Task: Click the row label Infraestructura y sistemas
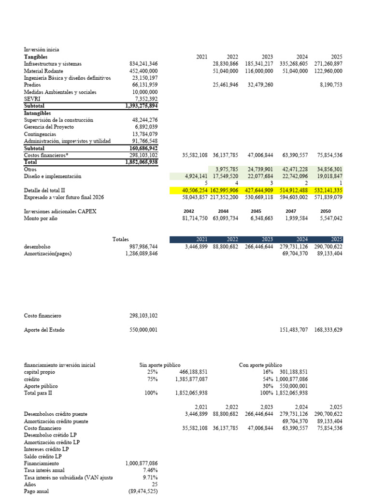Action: pos(53,64)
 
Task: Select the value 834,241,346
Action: pos(143,64)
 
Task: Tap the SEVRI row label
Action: pos(31,99)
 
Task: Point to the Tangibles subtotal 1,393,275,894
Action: pos(142,106)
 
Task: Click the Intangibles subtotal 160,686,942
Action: pos(143,148)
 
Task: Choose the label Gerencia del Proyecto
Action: pos(49,127)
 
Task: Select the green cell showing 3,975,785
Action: pos(227,169)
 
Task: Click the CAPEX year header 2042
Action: pos(189,211)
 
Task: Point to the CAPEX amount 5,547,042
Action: pos(331,218)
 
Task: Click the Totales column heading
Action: pos(120,239)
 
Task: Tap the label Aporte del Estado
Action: pos(44,330)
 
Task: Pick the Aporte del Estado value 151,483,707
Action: pos(294,330)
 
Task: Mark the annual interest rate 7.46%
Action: pos(150,470)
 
